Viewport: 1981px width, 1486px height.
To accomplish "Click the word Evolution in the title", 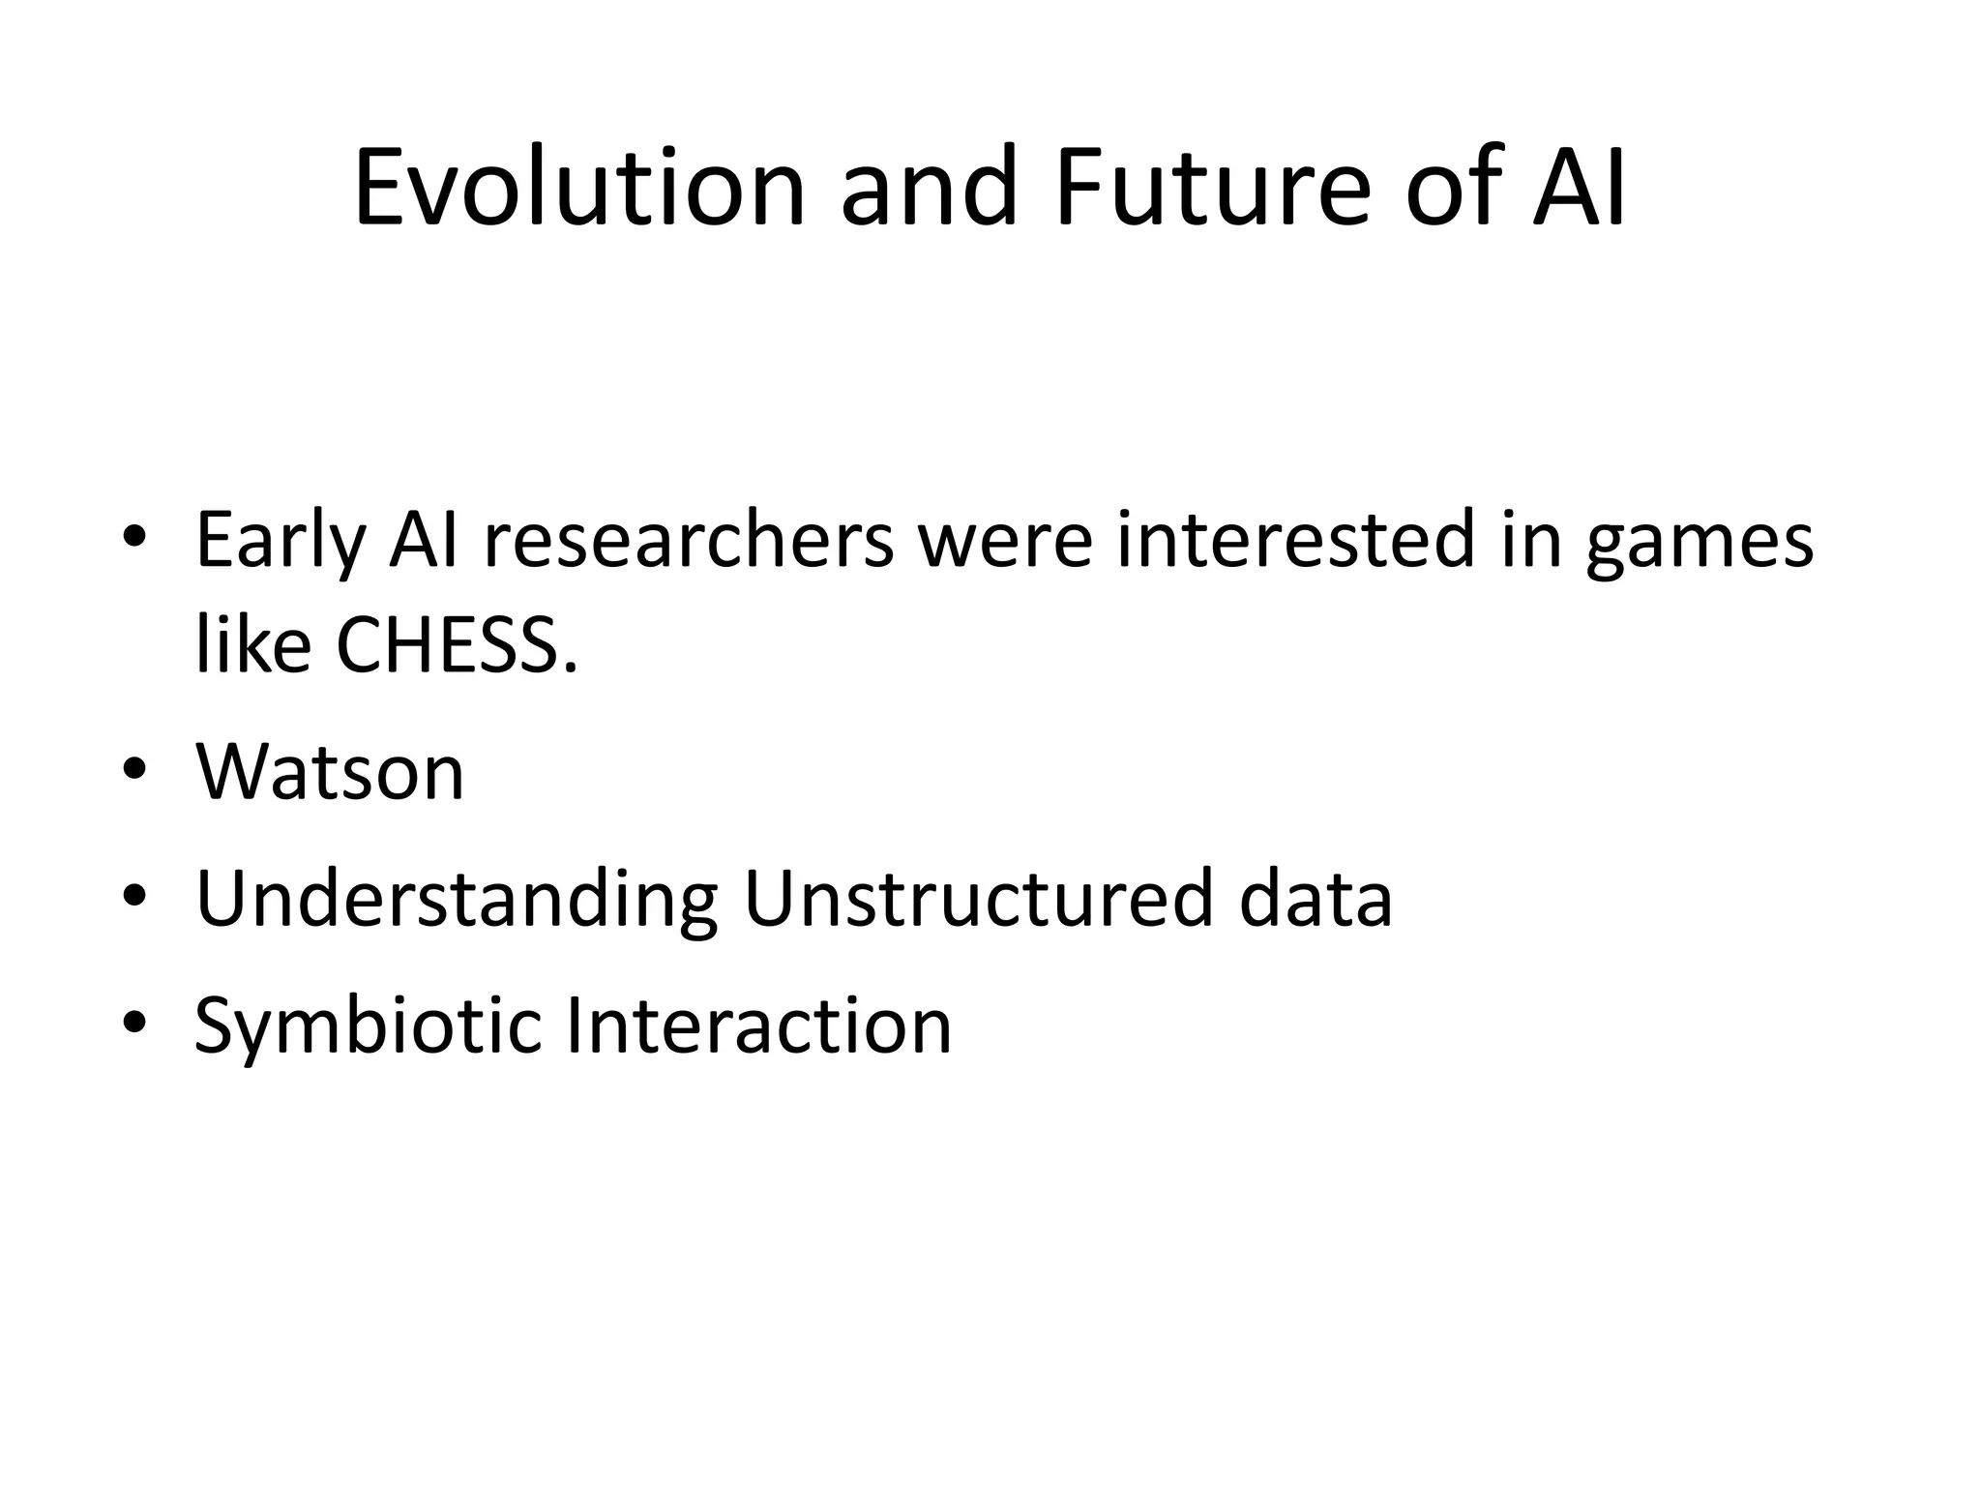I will point(578,188).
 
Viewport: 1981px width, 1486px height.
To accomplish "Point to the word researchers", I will point(689,542).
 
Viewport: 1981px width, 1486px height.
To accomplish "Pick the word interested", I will point(1296,542).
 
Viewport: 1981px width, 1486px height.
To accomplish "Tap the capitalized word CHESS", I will point(456,646).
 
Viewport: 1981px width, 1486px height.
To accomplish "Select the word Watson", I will point(330,772).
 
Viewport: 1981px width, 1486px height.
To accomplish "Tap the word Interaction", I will point(758,1025).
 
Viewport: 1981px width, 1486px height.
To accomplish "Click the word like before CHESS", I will point(252,644).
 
